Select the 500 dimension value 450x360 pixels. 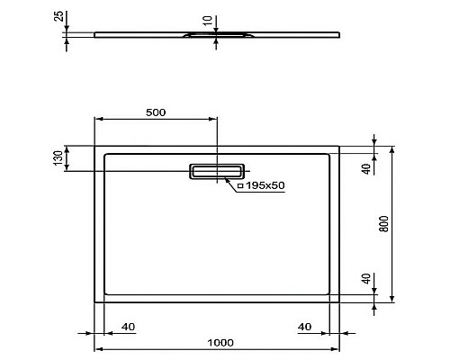(x=155, y=112)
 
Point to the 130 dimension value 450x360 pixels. (x=58, y=158)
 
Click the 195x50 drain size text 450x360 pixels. (x=265, y=184)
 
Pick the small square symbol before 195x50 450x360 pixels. (x=240, y=184)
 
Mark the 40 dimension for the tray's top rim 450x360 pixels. (x=365, y=169)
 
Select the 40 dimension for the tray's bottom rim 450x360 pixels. (x=365, y=279)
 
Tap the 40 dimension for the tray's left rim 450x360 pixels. (x=127, y=326)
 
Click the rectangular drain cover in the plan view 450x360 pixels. (x=217, y=171)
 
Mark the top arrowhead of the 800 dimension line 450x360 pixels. (x=392, y=147)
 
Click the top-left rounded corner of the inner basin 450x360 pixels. (x=107, y=155)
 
